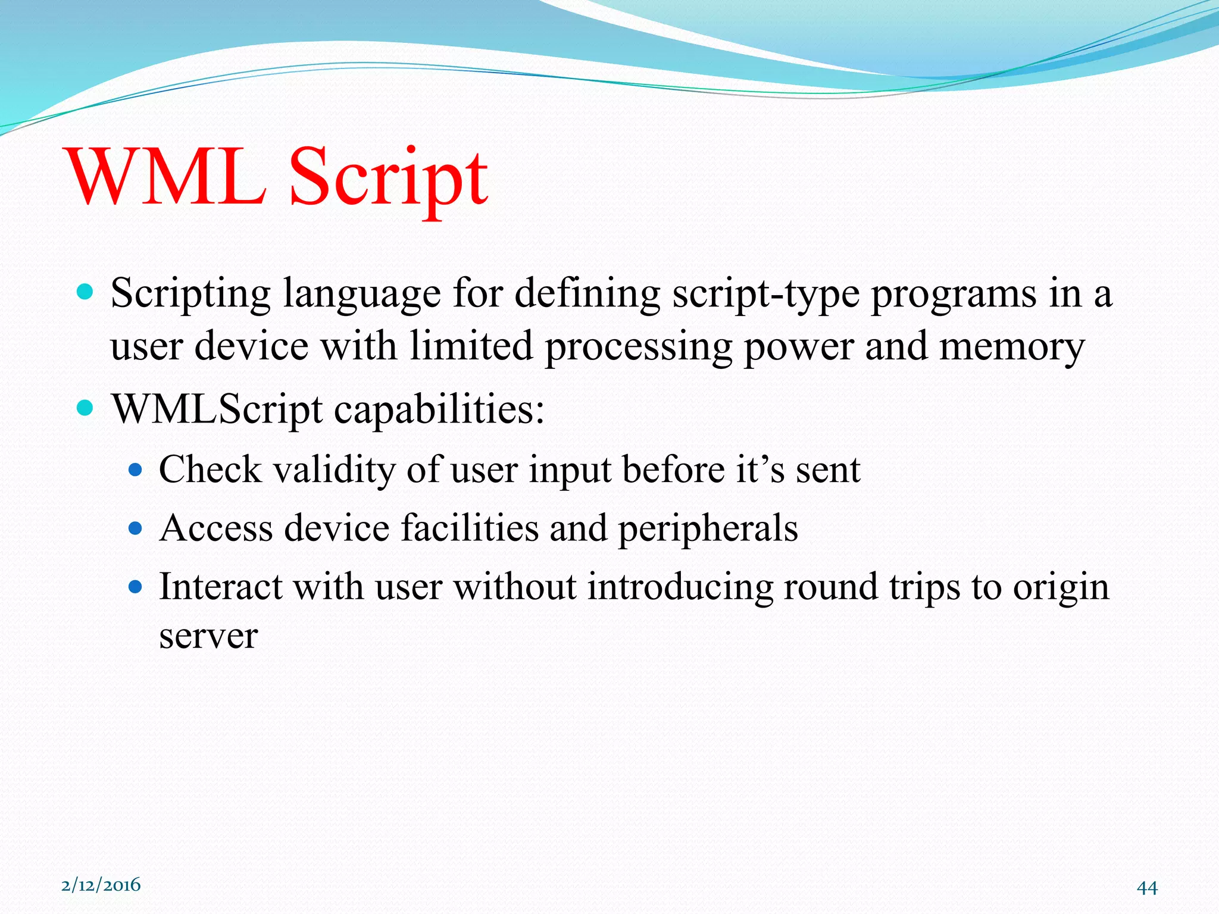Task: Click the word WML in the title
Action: [x=167, y=177]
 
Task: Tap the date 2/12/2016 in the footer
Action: [x=101, y=885]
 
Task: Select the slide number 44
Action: [x=1146, y=888]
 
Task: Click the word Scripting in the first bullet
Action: [x=190, y=295]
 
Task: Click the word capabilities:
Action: [x=439, y=411]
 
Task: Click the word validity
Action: [x=334, y=470]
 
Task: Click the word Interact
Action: [x=221, y=587]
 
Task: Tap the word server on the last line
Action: [x=208, y=636]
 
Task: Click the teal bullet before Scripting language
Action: [x=86, y=292]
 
